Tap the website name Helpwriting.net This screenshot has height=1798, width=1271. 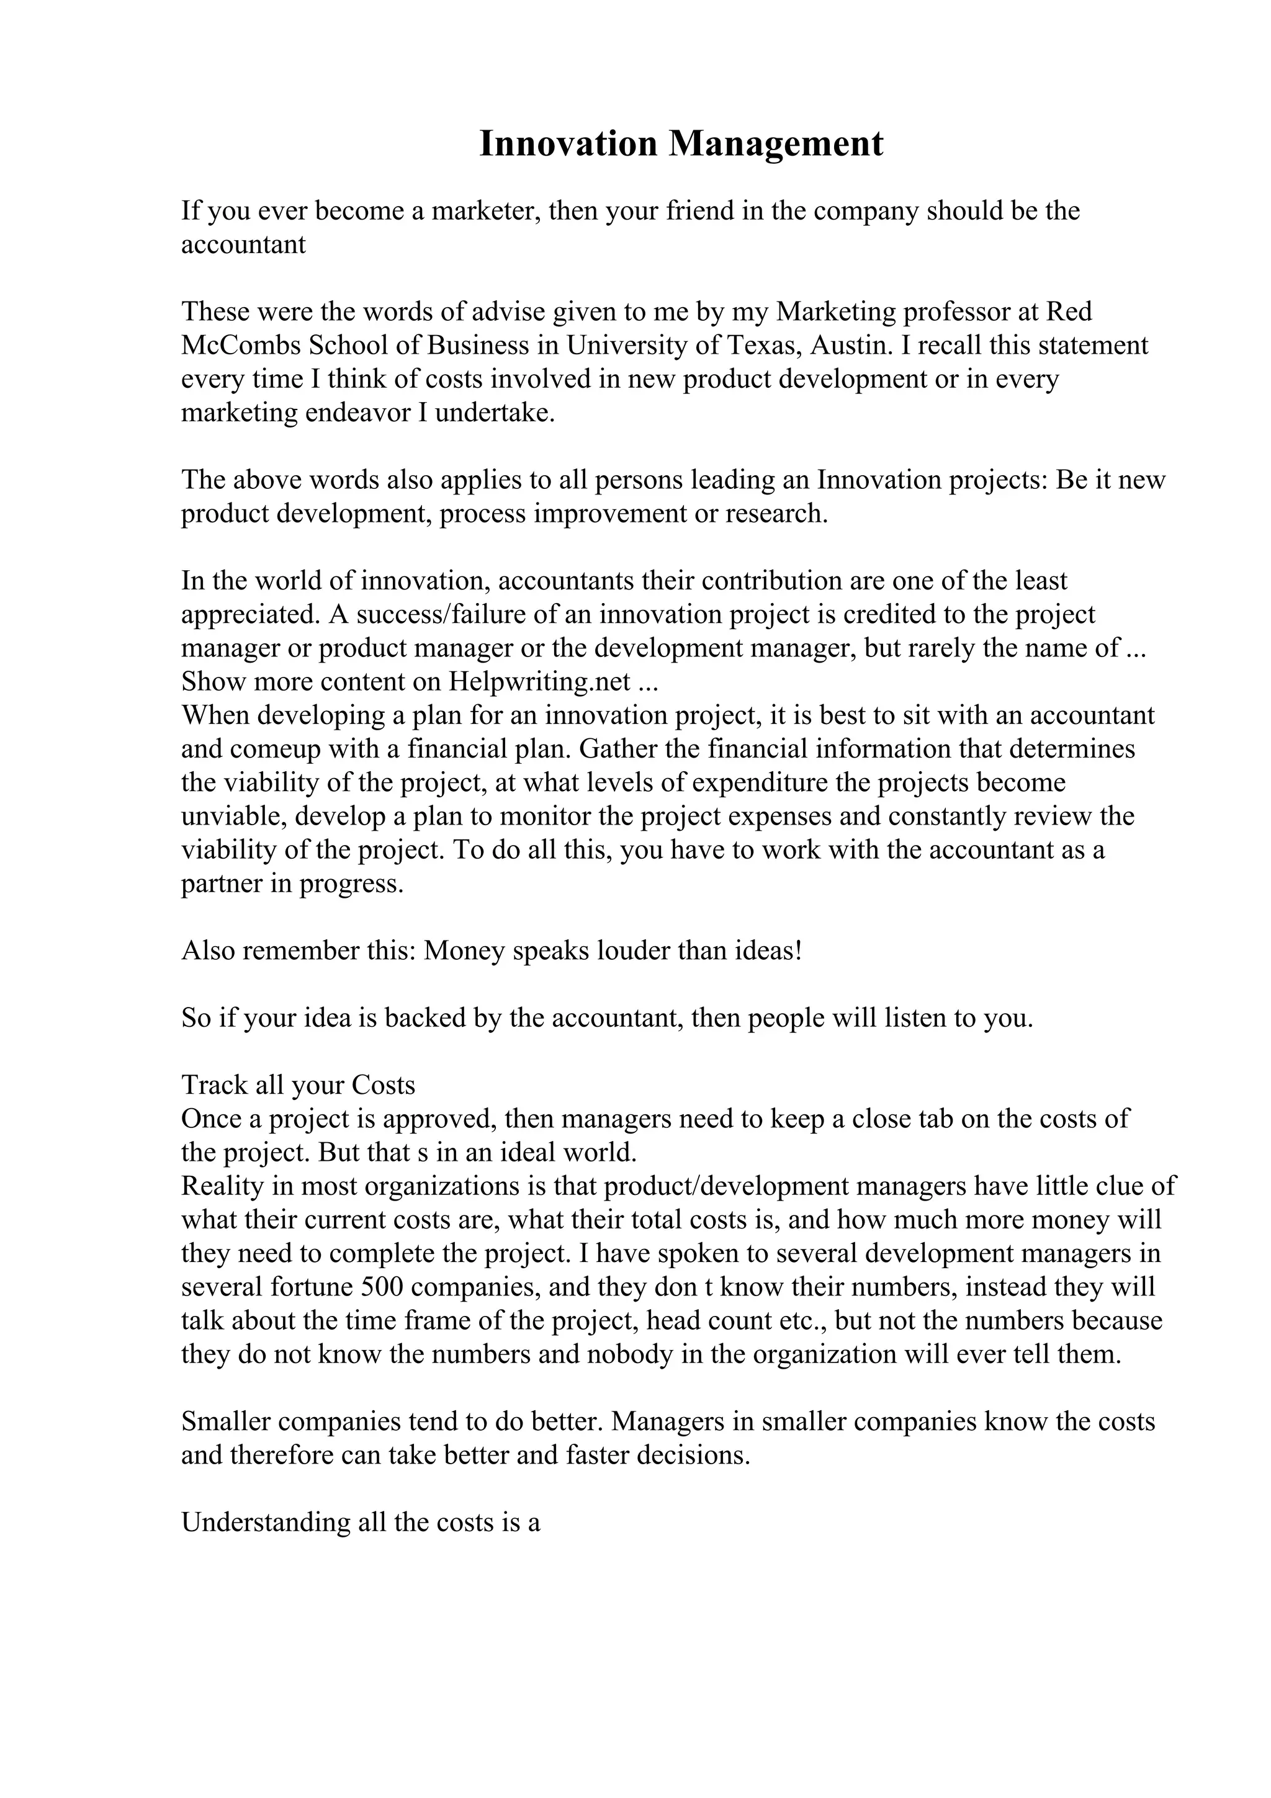click(539, 682)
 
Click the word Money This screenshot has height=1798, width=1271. click(464, 950)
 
